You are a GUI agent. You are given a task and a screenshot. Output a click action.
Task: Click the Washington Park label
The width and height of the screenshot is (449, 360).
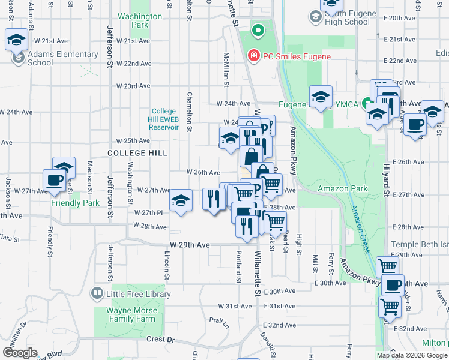pos(140,21)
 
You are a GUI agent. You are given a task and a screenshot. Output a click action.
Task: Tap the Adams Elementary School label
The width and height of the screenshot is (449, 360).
pos(40,58)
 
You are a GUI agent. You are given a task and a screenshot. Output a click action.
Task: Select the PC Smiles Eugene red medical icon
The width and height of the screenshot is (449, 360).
pos(254,56)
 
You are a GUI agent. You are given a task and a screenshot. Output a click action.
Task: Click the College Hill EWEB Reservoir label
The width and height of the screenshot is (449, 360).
pos(164,119)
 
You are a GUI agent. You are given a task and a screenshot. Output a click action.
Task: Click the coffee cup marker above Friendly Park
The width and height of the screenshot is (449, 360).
pos(54,181)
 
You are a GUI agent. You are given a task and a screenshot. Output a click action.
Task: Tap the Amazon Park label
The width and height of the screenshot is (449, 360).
pos(351,188)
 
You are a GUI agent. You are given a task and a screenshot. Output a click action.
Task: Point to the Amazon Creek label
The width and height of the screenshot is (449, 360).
pos(362,228)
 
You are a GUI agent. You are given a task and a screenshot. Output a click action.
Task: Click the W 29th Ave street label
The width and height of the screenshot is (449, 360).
pos(190,245)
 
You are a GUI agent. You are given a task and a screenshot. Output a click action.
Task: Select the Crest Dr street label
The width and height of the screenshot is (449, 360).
pos(160,340)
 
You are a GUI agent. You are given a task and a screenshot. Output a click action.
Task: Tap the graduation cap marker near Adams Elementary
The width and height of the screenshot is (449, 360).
pos(16,40)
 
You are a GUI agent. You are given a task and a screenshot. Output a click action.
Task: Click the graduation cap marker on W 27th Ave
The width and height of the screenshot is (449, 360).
pos(181,201)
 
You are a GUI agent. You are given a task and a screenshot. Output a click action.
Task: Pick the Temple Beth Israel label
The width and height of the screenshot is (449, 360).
pos(420,245)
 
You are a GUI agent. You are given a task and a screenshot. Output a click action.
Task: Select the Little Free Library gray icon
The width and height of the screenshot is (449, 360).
pos(97,293)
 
